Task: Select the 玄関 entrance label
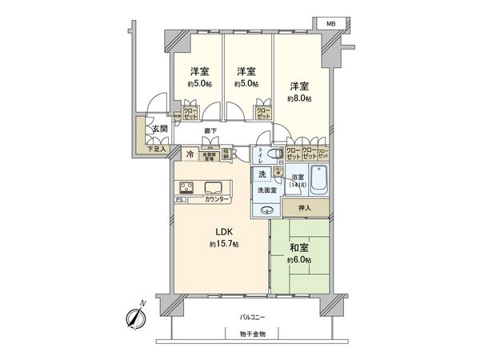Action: tap(159, 129)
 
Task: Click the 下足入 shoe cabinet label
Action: tap(157, 149)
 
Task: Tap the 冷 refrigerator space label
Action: tap(190, 154)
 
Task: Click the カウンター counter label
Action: tap(217, 199)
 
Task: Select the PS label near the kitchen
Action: tap(180, 199)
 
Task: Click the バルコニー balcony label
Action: tap(253, 318)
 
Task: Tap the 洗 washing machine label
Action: tap(261, 174)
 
